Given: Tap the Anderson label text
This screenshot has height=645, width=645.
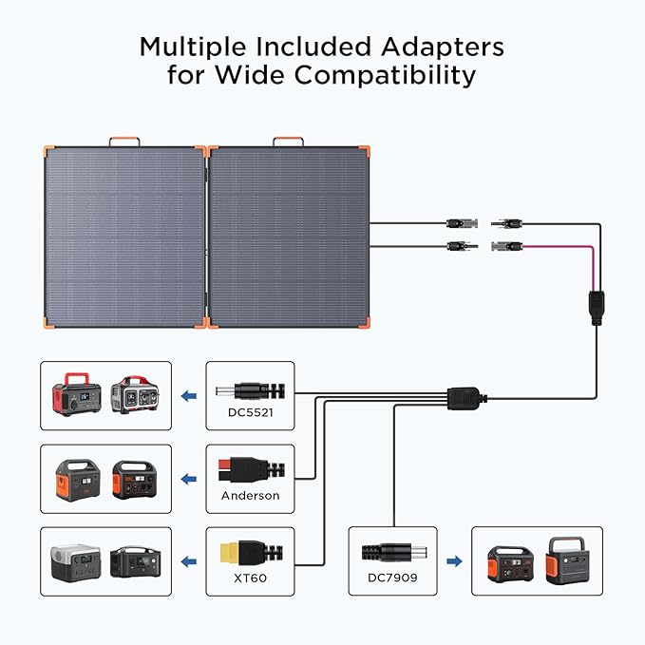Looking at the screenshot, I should [x=251, y=496].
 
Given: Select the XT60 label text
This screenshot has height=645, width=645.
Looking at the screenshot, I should [x=251, y=578].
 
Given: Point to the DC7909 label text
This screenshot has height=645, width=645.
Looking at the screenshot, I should [x=392, y=578].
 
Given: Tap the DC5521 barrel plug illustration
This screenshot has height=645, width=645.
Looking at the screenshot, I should [x=244, y=389].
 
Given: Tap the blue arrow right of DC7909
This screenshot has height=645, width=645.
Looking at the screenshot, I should [x=454, y=561].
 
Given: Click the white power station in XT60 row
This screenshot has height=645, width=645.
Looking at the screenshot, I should [x=74, y=562].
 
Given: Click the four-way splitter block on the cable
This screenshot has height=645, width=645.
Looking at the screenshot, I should [x=466, y=392].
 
